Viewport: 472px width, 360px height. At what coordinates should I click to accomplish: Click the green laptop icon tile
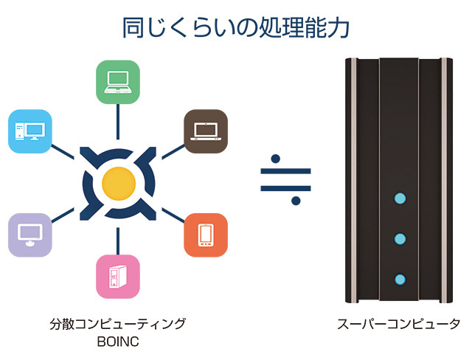(118, 81)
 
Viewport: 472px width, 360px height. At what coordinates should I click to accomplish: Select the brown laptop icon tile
(205, 131)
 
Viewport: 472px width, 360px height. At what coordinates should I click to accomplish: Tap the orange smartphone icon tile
(206, 235)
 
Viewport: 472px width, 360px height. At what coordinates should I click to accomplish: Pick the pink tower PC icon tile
(118, 276)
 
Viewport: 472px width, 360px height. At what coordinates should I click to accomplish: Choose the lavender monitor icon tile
(29, 235)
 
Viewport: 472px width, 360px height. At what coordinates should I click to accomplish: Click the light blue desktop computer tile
(29, 131)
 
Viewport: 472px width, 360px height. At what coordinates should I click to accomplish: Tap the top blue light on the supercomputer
(400, 198)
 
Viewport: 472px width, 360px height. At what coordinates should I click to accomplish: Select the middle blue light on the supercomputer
(400, 238)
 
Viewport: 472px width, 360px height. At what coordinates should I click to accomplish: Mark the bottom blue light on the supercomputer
(400, 279)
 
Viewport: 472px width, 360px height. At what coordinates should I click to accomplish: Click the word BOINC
(118, 342)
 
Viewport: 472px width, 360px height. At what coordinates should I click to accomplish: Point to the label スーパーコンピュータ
(398, 324)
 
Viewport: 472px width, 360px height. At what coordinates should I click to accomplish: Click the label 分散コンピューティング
(118, 324)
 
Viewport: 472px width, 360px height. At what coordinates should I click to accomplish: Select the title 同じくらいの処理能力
(236, 27)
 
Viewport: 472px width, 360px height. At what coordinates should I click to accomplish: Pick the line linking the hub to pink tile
(118, 240)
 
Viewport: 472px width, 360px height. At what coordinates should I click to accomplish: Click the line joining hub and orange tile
(173, 215)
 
